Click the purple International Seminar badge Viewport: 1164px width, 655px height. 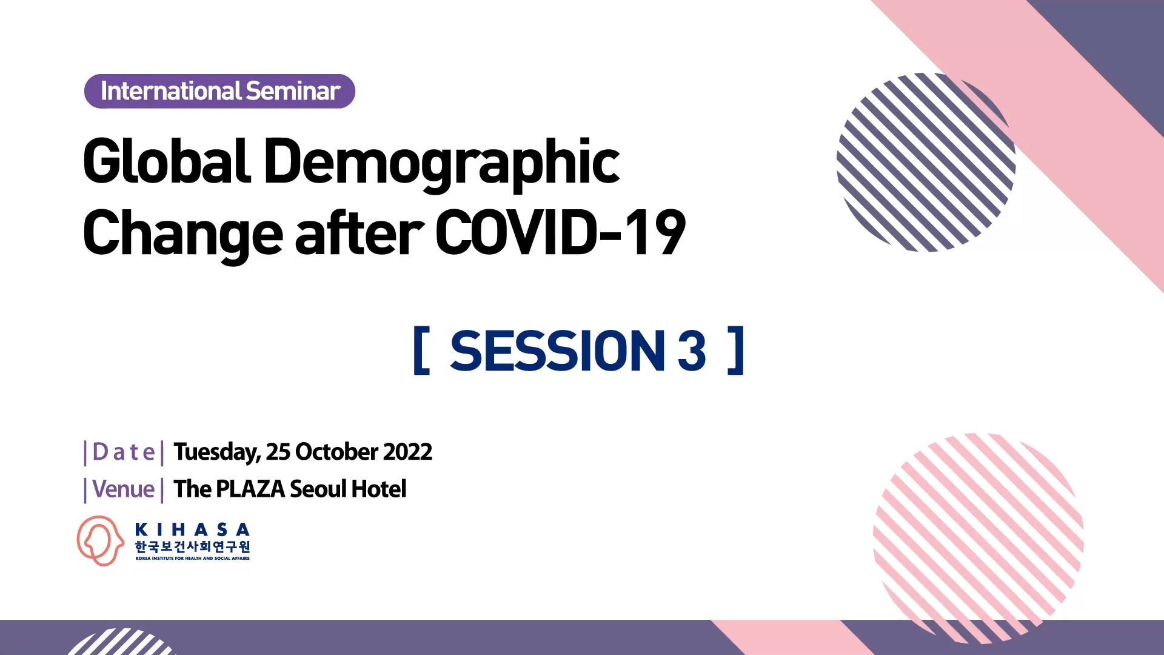(x=219, y=92)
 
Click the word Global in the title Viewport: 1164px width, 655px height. (x=167, y=161)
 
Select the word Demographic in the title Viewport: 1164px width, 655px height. (x=442, y=164)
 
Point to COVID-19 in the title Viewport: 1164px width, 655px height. (x=561, y=232)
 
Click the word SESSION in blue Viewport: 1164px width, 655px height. (x=558, y=351)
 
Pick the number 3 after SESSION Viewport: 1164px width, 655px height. (x=692, y=351)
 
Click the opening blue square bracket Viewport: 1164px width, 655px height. (x=421, y=351)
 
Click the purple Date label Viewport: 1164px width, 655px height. (x=124, y=452)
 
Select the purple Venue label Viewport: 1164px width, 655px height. (x=124, y=489)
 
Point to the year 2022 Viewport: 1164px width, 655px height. (x=407, y=452)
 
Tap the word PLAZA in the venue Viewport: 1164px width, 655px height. (x=250, y=489)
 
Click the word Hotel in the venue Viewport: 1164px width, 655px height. (x=379, y=489)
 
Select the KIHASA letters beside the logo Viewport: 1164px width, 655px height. (x=192, y=529)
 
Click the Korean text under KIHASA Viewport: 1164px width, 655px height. (x=192, y=546)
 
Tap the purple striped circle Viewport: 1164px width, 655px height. (x=926, y=163)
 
